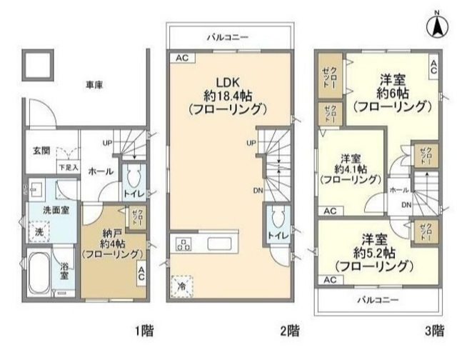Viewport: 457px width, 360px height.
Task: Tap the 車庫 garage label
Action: (x=94, y=84)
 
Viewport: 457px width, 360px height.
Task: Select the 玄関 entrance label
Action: (x=41, y=150)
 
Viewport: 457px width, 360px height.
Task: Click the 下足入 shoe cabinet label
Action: (x=68, y=167)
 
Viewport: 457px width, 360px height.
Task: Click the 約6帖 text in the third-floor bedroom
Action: (x=393, y=93)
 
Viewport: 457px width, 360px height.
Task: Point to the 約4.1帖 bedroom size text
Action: (x=349, y=169)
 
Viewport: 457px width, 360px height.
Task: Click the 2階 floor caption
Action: (x=289, y=331)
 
